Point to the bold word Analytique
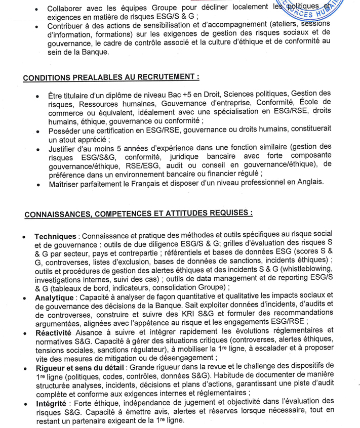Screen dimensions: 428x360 point(54,298)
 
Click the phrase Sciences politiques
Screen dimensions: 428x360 point(256,94)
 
